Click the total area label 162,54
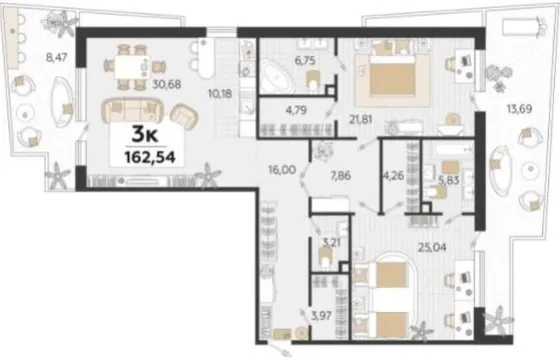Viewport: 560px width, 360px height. coord(150,157)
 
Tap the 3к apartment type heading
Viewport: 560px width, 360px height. coord(145,135)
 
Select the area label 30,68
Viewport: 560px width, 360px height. coord(167,85)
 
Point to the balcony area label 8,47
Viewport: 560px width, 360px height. coord(57,57)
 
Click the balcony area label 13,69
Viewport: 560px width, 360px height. coord(520,109)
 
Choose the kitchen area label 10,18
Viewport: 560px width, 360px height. coord(220,94)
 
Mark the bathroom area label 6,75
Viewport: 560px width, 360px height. coord(304,61)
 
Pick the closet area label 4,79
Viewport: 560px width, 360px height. coord(296,110)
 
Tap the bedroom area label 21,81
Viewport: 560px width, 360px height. coord(361,120)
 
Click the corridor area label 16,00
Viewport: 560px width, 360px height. coord(282,170)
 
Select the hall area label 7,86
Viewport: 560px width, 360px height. coord(340,176)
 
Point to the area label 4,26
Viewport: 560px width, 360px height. coord(393,176)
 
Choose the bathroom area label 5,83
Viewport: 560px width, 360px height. coord(449,180)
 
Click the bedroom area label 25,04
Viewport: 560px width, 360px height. coord(432,247)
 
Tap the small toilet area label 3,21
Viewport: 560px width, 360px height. coord(332,243)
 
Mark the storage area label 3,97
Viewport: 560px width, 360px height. coord(321,316)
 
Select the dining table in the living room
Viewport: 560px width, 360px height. coord(132,67)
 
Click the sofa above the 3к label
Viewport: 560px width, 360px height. coord(132,110)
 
